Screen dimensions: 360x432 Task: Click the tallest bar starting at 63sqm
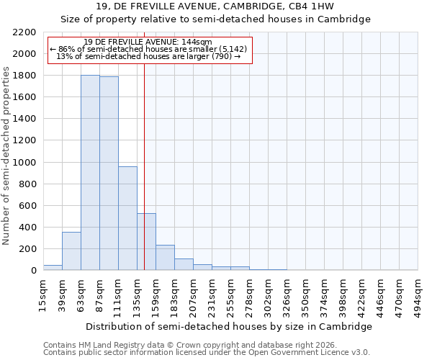pyautogui.click(x=90, y=173)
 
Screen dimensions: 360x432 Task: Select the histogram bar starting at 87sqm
pyautogui.click(x=109, y=174)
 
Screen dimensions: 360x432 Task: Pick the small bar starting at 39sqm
pyautogui.click(x=71, y=251)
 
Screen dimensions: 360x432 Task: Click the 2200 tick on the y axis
pyautogui.click(x=24, y=32)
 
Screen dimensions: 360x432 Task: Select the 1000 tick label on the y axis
pyautogui.click(x=24, y=163)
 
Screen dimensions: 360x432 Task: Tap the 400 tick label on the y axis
pyautogui.click(x=27, y=228)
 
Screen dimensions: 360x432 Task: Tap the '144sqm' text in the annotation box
pyautogui.click(x=197, y=42)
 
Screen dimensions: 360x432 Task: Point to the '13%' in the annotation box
pyautogui.click(x=63, y=56)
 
